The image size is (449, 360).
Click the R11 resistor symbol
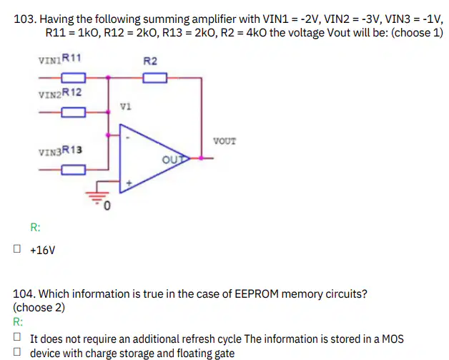point(74,78)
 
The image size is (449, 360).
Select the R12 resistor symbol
point(74,112)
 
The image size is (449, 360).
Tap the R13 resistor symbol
point(74,170)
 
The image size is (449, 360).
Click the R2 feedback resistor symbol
point(155,78)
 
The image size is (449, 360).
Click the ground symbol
point(97,195)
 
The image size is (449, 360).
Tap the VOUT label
point(224,141)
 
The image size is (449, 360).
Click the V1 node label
point(125,107)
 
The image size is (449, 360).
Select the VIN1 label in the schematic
point(50,61)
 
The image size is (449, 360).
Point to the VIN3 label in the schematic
point(50,152)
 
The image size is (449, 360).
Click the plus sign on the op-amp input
point(129,183)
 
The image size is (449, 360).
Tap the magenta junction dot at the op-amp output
point(201,158)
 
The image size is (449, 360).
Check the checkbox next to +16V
point(17,248)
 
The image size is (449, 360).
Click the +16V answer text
point(42,250)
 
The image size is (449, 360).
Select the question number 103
point(25,19)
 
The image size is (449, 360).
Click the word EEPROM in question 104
point(257,294)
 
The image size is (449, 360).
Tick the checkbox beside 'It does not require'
point(17,337)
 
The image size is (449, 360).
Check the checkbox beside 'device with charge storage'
point(17,351)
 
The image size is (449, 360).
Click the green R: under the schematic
point(35,228)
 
